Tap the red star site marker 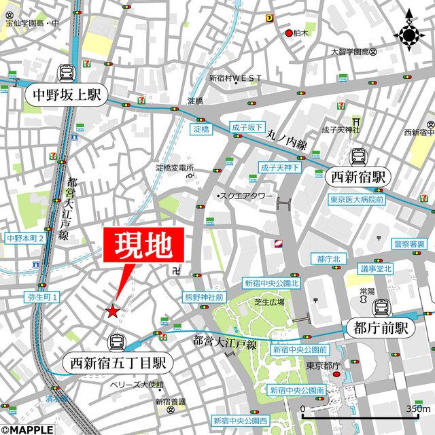click(x=112, y=311)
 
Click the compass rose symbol click(x=410, y=32)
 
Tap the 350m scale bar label click(x=417, y=408)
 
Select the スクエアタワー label click(x=245, y=196)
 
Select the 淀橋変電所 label click(x=175, y=168)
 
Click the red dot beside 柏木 click(x=289, y=33)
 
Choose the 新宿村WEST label click(x=235, y=78)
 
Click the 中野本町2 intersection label click(x=25, y=239)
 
